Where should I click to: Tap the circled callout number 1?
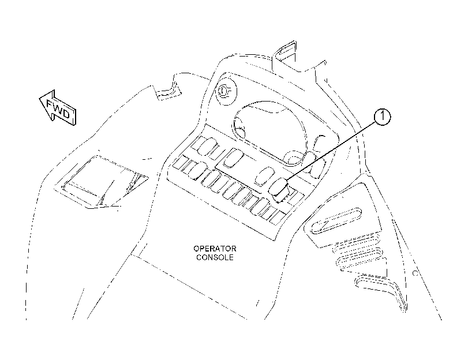pos(382,117)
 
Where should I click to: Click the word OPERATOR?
pos(215,249)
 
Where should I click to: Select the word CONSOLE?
pos(215,257)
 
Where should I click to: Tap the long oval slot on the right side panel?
pos(336,220)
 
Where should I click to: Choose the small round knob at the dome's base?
pos(294,158)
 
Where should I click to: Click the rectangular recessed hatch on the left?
pos(102,182)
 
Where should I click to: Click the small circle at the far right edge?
pos(415,273)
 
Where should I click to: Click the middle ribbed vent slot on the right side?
pos(360,257)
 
